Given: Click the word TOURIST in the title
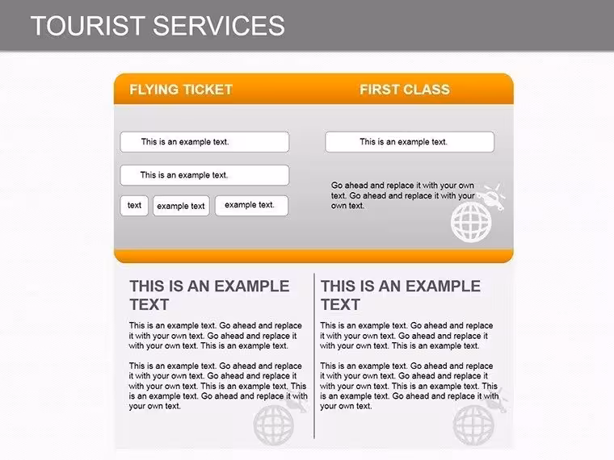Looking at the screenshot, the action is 88,26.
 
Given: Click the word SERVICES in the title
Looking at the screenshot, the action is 218,26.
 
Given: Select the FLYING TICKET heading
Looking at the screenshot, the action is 181,90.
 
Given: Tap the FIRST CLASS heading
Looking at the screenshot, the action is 405,90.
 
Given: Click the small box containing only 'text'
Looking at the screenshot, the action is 134,206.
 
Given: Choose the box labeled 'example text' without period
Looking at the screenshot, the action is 181,206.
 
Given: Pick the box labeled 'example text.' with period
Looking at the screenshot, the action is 251,206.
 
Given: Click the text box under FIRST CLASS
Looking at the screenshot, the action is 410,141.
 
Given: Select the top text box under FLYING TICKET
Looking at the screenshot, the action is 204,141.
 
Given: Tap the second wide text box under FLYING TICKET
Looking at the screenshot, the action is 204,175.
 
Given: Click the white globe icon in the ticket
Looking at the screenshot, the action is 471,222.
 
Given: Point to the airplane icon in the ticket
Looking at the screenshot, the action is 493,196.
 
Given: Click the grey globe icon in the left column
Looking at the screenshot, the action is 273,425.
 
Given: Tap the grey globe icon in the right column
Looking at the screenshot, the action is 473,425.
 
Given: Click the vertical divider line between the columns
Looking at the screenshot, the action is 314,356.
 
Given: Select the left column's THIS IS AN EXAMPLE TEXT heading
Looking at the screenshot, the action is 209,295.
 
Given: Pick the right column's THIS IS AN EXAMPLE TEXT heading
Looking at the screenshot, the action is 401,295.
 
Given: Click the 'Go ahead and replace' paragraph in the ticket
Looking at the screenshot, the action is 403,195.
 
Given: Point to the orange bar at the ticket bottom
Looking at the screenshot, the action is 313,256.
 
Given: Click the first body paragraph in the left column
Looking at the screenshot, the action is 216,336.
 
